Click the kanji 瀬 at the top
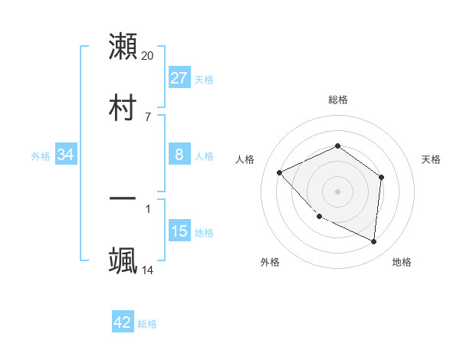pyautogui.click(x=123, y=46)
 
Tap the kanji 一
pyautogui.click(x=123, y=198)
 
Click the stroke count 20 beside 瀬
pyautogui.click(x=148, y=56)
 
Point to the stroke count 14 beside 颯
pyautogui.click(x=148, y=270)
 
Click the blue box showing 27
pyautogui.click(x=179, y=78)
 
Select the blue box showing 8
pyautogui.click(x=179, y=155)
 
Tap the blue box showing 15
pyautogui.click(x=179, y=231)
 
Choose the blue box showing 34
pyautogui.click(x=66, y=155)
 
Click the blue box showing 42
pyautogui.click(x=123, y=322)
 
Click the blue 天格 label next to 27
pyautogui.click(x=204, y=80)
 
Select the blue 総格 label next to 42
pyautogui.click(x=147, y=324)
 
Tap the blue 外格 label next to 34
pyautogui.click(x=41, y=156)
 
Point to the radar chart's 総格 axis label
pyautogui.click(x=338, y=100)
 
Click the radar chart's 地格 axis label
pyautogui.click(x=402, y=263)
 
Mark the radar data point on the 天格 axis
pyautogui.click(x=382, y=178)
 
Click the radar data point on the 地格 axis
pyautogui.click(x=374, y=242)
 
